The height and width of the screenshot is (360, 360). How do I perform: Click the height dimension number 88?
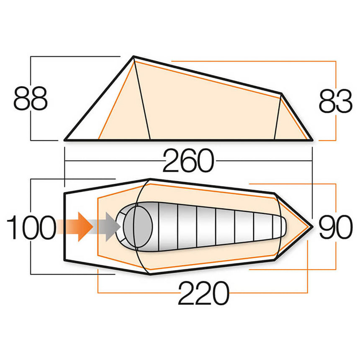(x=30, y=99)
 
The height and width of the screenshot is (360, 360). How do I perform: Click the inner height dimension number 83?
(x=335, y=102)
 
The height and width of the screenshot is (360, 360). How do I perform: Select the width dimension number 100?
(x=31, y=228)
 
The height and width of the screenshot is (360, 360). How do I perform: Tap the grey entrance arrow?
(x=110, y=226)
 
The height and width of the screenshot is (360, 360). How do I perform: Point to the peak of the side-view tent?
(x=134, y=57)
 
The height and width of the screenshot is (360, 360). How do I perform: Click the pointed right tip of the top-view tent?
(x=312, y=226)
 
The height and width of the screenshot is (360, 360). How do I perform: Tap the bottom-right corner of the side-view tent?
(x=312, y=139)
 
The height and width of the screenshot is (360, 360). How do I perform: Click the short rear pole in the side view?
(x=277, y=117)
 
